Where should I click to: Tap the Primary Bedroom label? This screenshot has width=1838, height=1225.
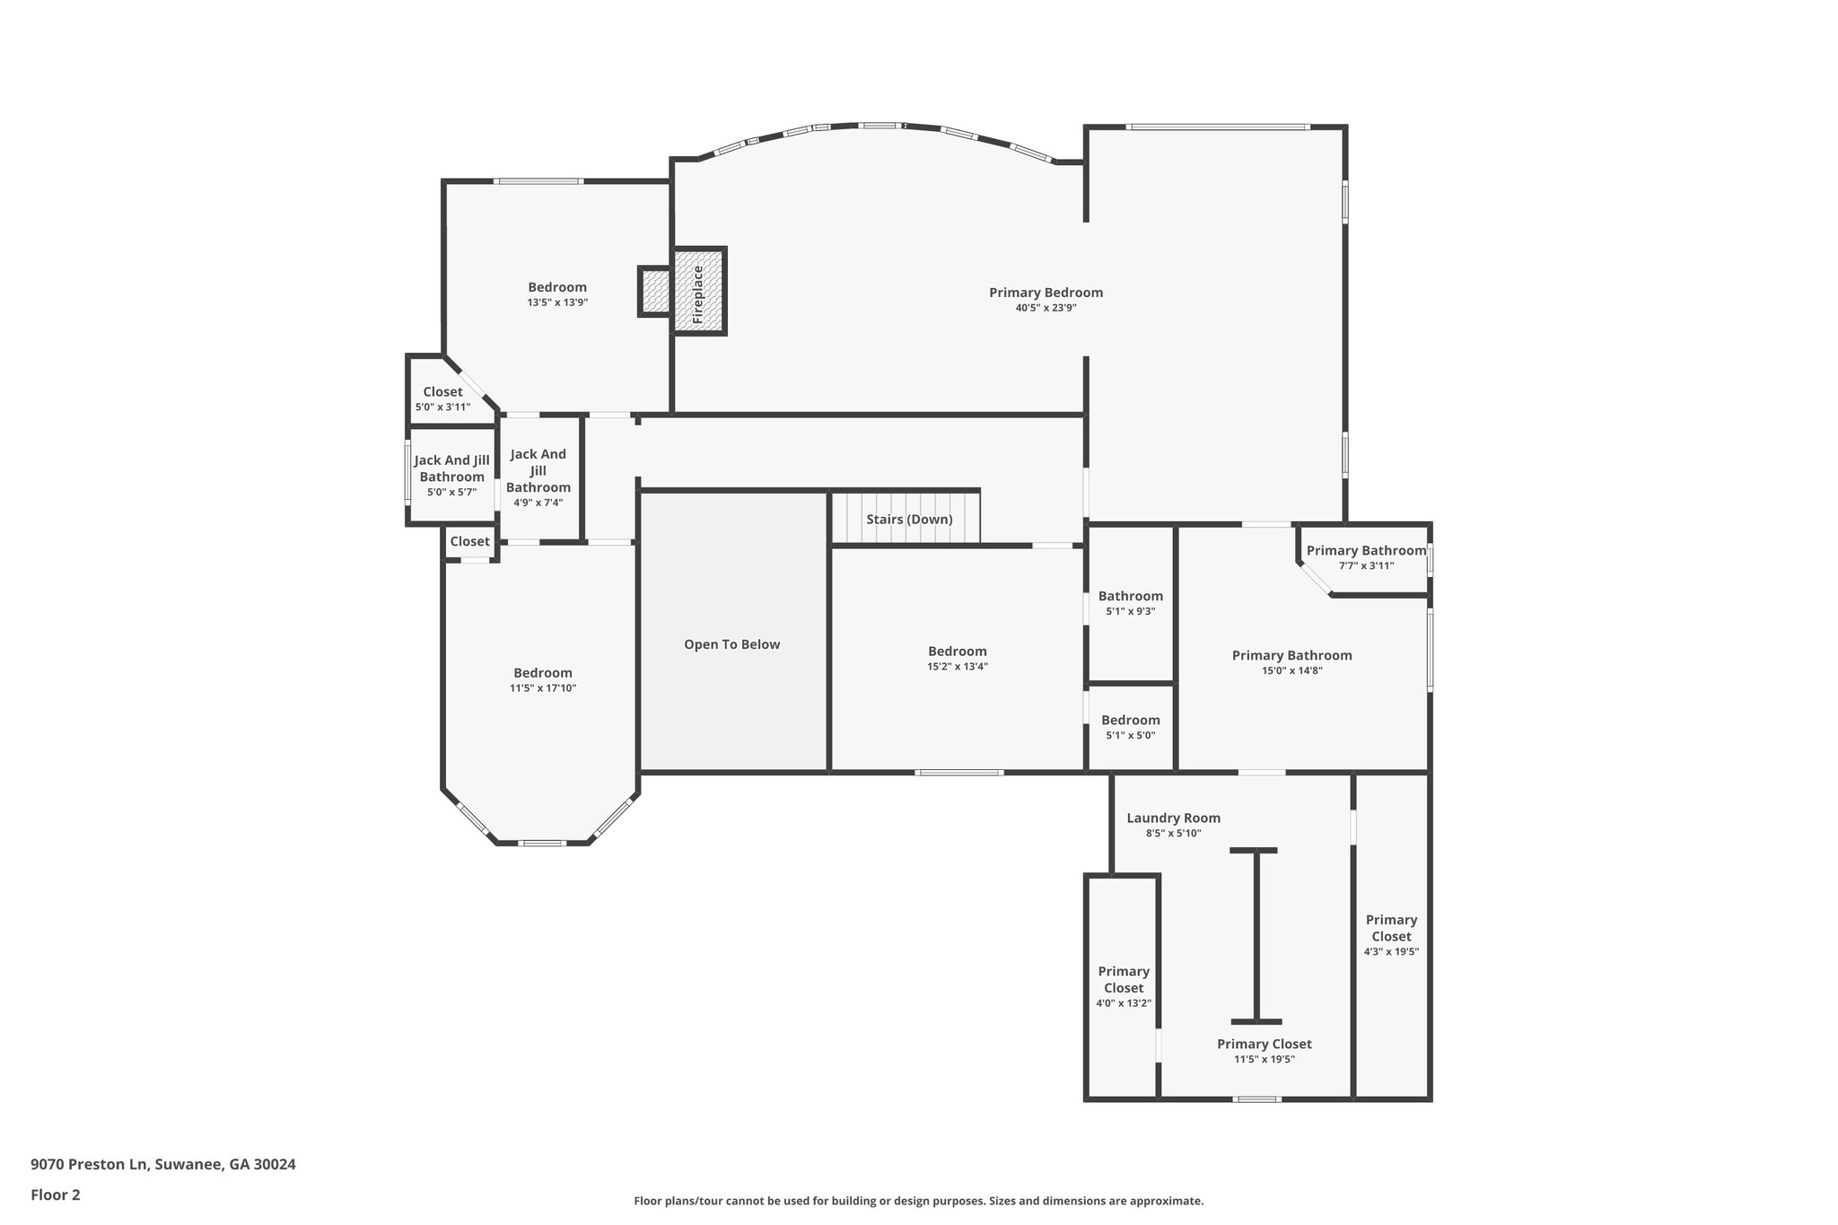click(x=1046, y=293)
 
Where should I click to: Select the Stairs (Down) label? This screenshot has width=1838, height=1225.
click(x=909, y=520)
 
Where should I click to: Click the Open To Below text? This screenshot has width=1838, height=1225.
click(x=732, y=644)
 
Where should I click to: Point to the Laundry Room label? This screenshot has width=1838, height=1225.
click(x=1173, y=818)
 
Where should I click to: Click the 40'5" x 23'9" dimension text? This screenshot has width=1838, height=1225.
click(x=1046, y=308)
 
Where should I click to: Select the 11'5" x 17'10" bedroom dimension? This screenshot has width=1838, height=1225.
click(x=543, y=688)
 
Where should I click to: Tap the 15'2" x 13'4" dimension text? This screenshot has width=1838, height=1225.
click(x=958, y=667)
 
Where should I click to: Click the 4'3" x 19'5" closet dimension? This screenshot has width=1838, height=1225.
click(x=1391, y=952)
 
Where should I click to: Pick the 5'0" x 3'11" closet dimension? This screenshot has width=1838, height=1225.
click(x=442, y=407)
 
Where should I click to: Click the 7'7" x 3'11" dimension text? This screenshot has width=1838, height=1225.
click(x=1366, y=566)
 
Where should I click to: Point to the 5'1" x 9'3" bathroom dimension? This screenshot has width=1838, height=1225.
click(x=1131, y=611)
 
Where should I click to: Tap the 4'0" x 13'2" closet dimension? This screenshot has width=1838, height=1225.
click(x=1124, y=1003)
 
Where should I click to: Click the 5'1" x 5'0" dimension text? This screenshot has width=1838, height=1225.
click(x=1131, y=736)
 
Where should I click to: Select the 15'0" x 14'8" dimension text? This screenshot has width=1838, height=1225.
click(x=1292, y=670)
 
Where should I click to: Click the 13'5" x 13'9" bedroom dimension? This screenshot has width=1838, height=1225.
click(x=557, y=302)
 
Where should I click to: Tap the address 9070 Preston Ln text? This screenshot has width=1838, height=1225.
click(x=89, y=1165)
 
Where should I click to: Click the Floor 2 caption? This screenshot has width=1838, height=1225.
click(x=56, y=1194)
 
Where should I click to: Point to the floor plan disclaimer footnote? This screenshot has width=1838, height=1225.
click(x=919, y=1201)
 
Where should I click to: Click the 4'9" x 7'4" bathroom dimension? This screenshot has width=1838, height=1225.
click(x=538, y=503)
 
